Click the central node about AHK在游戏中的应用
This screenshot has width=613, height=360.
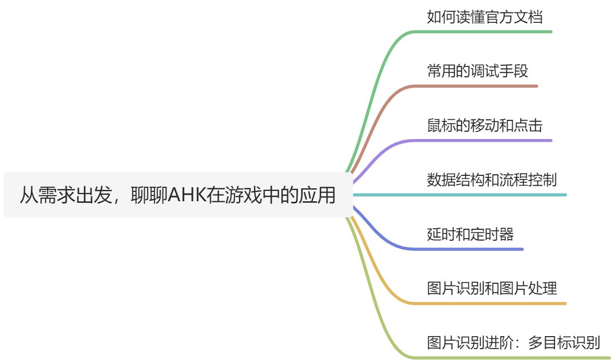click(177, 195)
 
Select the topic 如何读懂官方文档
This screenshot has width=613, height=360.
click(484, 17)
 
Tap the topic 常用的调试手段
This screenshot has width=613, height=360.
click(477, 71)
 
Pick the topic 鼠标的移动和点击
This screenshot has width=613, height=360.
click(484, 126)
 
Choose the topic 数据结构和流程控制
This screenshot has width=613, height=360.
click(492, 180)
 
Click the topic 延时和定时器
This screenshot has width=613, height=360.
click(470, 234)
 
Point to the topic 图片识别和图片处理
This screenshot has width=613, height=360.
click(492, 288)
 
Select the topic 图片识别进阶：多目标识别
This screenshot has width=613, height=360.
click(513, 343)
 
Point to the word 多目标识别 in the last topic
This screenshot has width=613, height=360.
click(564, 343)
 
